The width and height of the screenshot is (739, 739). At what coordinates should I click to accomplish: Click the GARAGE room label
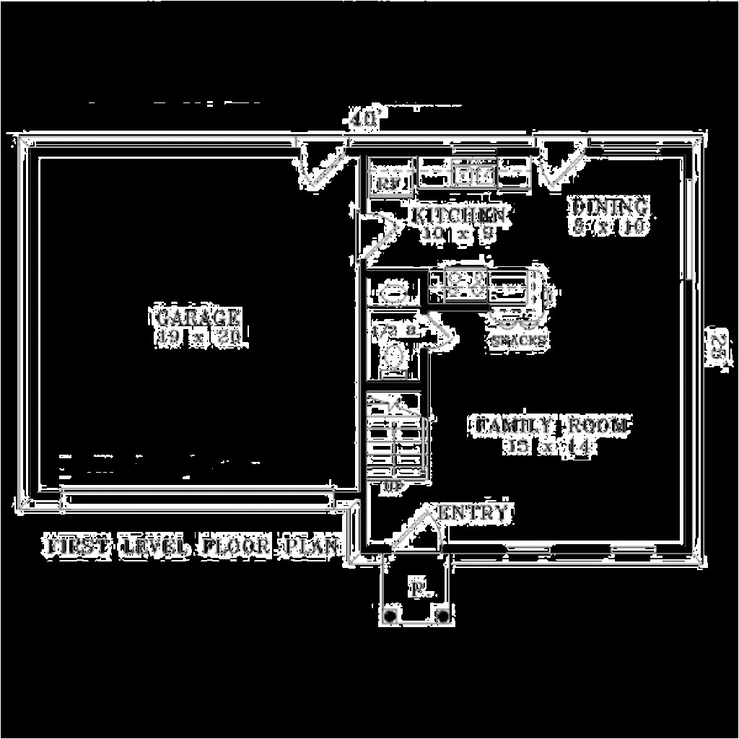(197, 317)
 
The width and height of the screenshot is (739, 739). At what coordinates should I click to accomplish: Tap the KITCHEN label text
(458, 214)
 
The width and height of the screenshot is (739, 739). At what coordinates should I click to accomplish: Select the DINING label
(611, 207)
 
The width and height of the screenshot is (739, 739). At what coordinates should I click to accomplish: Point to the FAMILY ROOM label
(553, 426)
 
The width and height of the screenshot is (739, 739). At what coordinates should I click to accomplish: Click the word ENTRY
(473, 513)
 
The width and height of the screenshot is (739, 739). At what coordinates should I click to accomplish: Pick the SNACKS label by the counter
(518, 339)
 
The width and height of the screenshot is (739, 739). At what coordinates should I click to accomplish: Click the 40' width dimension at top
(363, 119)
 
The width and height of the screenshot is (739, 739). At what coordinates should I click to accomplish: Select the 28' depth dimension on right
(717, 350)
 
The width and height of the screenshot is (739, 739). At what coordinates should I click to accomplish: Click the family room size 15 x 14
(551, 447)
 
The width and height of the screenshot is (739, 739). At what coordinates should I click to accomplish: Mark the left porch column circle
(390, 615)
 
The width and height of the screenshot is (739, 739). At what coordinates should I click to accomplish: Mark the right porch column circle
(443, 615)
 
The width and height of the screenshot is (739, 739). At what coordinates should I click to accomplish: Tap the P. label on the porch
(417, 589)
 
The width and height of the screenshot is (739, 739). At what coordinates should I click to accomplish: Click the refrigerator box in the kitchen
(390, 183)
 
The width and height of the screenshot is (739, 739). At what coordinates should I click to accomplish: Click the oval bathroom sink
(393, 293)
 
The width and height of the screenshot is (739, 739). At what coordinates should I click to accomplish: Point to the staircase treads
(395, 440)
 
